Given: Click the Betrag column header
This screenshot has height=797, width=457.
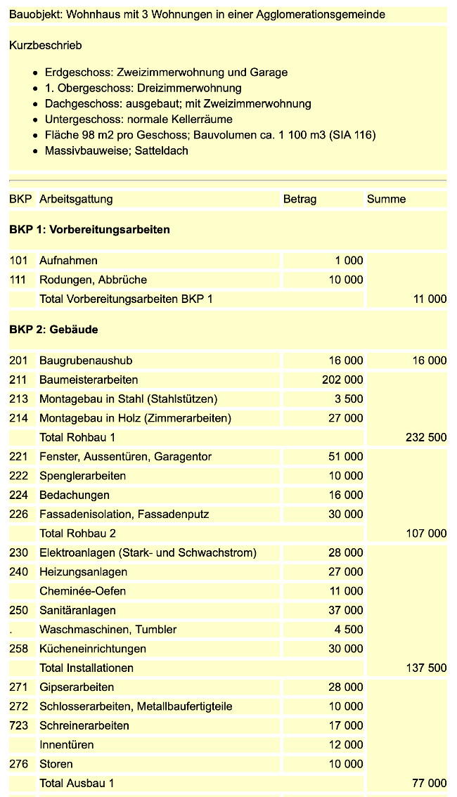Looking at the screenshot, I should tap(300, 199).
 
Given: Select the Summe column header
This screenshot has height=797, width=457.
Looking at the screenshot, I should tap(386, 199).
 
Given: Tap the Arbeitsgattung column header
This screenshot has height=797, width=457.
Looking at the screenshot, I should tap(76, 199).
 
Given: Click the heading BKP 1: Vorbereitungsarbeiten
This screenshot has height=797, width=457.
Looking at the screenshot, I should tap(89, 230).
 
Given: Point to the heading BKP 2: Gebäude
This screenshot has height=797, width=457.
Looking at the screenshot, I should tap(53, 330).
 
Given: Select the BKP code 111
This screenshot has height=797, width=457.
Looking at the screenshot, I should tap(18, 280).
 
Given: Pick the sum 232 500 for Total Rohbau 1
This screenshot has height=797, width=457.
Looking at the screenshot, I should tap(426, 437).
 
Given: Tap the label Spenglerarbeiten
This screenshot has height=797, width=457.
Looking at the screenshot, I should tap(83, 476).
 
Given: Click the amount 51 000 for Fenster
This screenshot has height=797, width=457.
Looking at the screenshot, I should tap(346, 457).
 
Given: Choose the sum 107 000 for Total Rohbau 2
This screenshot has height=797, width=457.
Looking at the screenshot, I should tap(426, 533).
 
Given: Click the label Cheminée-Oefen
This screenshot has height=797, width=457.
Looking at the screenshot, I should tap(83, 591).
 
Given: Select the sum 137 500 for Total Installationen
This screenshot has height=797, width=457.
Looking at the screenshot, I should tap(426, 668).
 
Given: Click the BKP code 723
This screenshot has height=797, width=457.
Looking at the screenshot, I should tap(18, 725).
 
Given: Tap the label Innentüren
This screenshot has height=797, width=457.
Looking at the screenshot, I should tap(66, 744).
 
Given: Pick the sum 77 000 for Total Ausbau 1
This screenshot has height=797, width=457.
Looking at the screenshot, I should tap(429, 783).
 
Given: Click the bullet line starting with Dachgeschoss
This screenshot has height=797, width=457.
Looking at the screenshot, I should tap(178, 103).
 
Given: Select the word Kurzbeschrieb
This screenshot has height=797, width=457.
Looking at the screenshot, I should tap(46, 45).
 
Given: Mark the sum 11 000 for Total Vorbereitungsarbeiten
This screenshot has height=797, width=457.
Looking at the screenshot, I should tap(429, 299).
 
